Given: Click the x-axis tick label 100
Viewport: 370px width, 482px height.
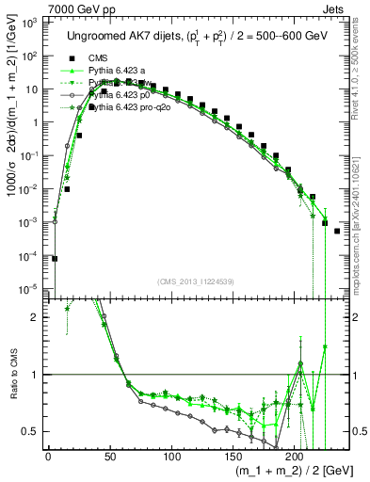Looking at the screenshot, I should click(x=171, y=457).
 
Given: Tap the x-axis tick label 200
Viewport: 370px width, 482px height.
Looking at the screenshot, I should click(x=295, y=457).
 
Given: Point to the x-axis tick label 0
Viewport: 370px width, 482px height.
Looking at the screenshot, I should click(x=48, y=457).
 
